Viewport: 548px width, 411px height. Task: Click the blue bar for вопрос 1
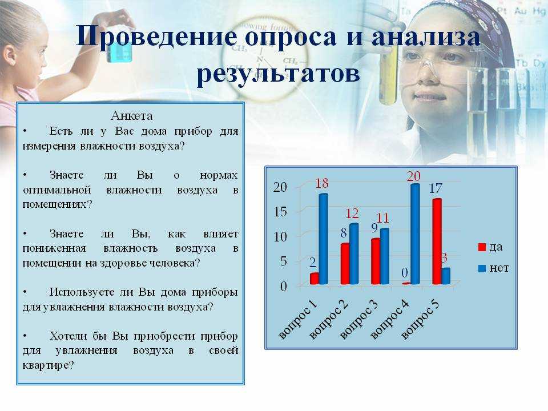[x=324, y=239]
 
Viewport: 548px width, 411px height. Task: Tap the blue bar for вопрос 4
[x=415, y=234]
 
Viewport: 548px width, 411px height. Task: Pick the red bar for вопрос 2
[x=345, y=264]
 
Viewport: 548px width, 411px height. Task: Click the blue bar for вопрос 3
[x=384, y=256]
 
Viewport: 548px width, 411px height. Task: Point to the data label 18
[x=322, y=183]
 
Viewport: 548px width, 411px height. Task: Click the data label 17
[x=436, y=188]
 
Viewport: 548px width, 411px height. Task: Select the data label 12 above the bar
[x=352, y=213]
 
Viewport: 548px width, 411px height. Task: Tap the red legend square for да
[x=482, y=247]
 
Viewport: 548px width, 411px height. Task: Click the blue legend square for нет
[x=482, y=268]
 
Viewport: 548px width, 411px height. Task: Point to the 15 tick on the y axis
[x=280, y=211]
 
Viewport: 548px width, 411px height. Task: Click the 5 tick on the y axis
[x=284, y=261]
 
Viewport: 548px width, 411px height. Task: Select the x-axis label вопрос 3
[x=359, y=320]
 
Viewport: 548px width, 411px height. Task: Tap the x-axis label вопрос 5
[x=420, y=320]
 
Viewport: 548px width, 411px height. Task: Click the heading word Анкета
[x=131, y=116]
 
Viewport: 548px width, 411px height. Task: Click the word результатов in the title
[x=278, y=74]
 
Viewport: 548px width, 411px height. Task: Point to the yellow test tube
[x=388, y=75]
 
